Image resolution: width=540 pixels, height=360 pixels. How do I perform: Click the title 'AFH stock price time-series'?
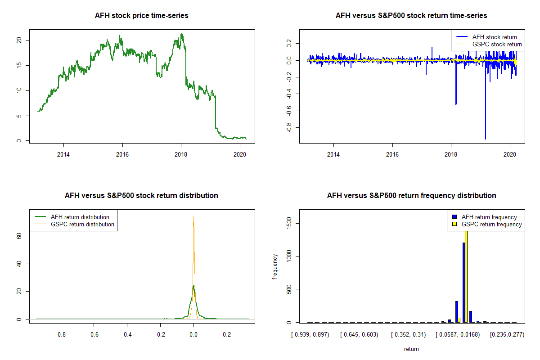[x=142, y=16]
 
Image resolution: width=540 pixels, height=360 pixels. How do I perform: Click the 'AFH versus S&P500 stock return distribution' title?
[x=142, y=196]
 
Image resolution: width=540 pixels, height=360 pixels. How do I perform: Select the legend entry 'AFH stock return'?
[x=495, y=37]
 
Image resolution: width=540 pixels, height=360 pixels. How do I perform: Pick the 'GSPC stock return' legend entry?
[x=497, y=44]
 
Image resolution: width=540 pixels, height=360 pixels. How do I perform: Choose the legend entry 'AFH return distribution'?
[x=80, y=217]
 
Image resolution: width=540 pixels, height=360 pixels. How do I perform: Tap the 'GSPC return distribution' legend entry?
[x=82, y=224]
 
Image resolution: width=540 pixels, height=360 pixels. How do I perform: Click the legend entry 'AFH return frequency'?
[x=489, y=217]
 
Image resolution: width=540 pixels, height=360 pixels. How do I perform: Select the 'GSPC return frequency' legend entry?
[x=491, y=224]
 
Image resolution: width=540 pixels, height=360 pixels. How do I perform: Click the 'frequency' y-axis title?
[x=275, y=267]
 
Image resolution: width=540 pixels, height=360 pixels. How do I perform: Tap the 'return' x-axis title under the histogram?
[x=411, y=349]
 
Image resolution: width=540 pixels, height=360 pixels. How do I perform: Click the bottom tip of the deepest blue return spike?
[x=486, y=139]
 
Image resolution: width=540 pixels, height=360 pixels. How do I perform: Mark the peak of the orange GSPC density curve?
[x=193, y=216]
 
